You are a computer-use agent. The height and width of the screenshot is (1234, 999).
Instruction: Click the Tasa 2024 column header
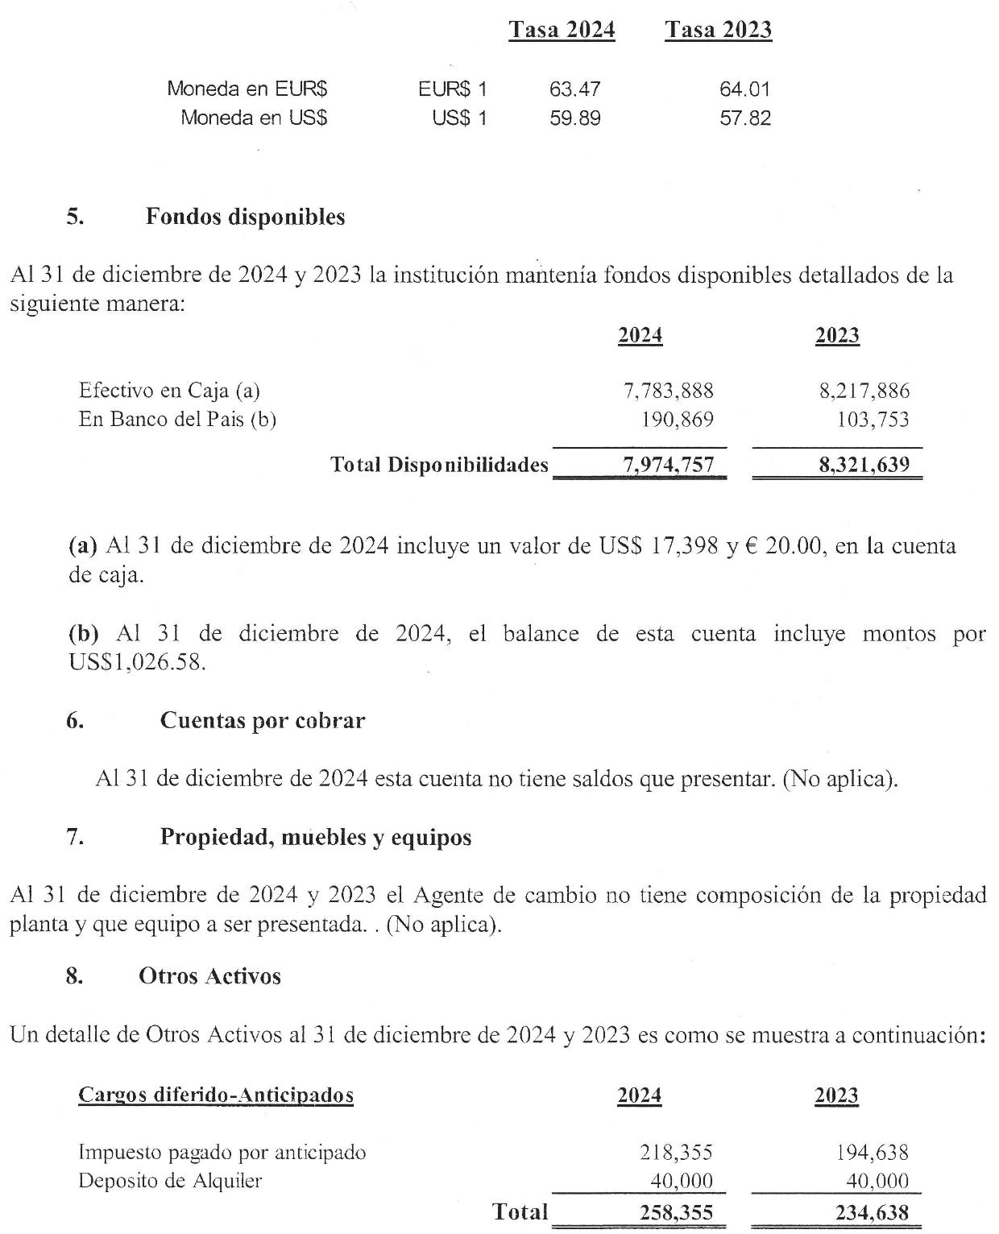point(562,31)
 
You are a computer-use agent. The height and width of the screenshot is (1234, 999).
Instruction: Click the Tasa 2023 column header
point(718,31)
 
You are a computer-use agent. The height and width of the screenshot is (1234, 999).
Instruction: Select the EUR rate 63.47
point(574,89)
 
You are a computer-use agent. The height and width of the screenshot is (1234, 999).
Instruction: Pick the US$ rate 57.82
point(744,118)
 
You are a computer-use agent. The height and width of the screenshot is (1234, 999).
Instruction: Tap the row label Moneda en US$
point(253,118)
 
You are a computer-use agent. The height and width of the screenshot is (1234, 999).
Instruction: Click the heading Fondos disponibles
point(245,217)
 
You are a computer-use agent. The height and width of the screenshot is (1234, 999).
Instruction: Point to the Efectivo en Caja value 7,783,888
point(669,391)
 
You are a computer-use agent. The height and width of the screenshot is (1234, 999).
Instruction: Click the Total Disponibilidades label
point(439,465)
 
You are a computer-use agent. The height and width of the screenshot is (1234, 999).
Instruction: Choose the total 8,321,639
point(864,465)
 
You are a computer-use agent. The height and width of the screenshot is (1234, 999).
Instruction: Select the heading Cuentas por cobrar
point(262,720)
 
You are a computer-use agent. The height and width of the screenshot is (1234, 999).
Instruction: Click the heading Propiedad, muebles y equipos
point(315,837)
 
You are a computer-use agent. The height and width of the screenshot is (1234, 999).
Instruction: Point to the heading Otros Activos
point(209,976)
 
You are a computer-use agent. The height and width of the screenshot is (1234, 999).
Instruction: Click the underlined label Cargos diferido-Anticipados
point(216,1095)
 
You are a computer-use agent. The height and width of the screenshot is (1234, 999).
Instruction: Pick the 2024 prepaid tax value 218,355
point(677,1153)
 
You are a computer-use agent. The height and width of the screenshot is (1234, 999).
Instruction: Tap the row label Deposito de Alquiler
point(170,1182)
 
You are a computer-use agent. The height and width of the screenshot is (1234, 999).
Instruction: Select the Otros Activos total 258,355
point(676,1212)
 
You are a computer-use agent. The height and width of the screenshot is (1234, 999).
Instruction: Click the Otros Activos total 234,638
point(872,1212)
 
